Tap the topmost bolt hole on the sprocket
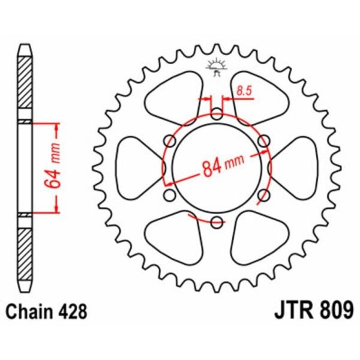coord(216,112)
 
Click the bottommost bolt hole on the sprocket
coord(216,223)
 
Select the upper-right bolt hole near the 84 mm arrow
coord(263,141)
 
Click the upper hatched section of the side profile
coord(24,80)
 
